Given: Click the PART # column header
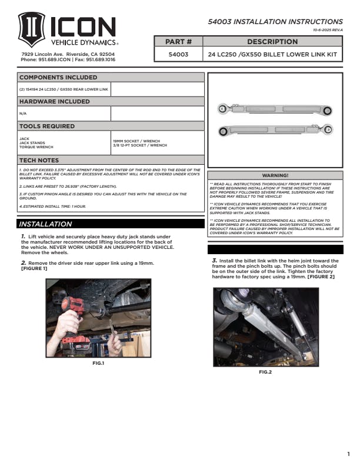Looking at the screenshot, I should tap(179, 42).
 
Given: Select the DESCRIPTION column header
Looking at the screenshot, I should tap(272, 42).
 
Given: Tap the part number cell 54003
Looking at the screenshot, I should tap(179, 54).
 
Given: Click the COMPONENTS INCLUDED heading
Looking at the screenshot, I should tap(59, 77).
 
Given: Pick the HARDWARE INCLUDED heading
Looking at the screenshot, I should tap(55, 101).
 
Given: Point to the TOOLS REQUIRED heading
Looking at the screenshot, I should tap(47, 126).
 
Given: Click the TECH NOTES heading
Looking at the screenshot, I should tap(39, 160).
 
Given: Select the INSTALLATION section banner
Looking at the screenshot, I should tap(45, 224).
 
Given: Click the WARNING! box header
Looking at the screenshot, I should tap(275, 175).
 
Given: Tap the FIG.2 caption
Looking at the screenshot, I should tap(265, 372).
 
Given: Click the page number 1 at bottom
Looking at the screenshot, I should tap(348, 454).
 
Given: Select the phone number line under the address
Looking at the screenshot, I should tap(68, 59).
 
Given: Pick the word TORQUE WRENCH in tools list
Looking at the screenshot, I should tap(36, 147).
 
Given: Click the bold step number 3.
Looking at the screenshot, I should tap(215, 259).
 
